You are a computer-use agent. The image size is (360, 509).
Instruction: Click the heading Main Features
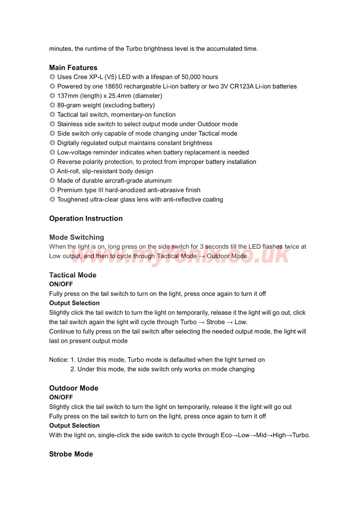73,68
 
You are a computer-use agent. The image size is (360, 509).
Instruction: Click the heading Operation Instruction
85,219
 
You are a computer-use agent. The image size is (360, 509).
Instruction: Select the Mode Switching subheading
76,237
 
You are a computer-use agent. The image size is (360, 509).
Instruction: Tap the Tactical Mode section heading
72,275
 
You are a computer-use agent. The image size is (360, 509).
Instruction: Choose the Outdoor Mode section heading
73,388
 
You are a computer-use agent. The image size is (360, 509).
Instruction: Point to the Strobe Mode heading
71,454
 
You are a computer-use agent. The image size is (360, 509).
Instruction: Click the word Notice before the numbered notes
58,360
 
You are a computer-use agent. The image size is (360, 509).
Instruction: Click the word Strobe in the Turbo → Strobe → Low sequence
216,322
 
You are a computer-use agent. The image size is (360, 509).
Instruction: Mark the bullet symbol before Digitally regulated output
52,143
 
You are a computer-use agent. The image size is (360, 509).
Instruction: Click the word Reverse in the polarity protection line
69,162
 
